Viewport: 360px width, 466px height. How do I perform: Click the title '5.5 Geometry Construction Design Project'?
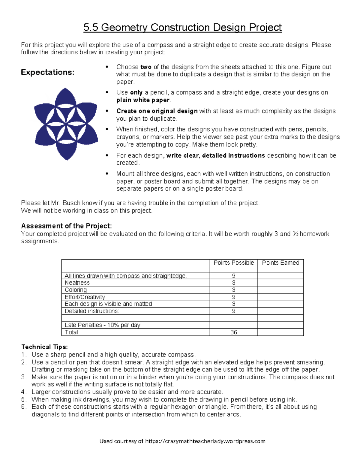182,28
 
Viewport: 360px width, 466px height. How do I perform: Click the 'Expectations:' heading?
47,72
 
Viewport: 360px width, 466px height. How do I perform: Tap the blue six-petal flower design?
66,124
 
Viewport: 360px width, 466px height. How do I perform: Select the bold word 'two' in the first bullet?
146,67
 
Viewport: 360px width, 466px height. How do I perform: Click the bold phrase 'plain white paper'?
143,100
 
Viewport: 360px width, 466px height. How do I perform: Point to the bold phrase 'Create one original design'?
157,111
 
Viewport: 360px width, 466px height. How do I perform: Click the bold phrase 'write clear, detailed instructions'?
215,155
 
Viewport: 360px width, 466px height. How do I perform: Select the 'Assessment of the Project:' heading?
66,226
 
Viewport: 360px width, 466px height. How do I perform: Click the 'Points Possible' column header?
234,263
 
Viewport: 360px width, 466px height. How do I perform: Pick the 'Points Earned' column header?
280,263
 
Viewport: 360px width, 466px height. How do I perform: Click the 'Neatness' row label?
77,283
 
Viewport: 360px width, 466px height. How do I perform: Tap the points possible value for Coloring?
234,290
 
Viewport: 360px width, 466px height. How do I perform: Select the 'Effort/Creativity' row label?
85,297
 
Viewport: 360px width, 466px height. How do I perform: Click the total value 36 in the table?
234,332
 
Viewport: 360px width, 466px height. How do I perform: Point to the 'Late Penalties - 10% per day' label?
102,325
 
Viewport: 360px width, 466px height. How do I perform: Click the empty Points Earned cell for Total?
280,332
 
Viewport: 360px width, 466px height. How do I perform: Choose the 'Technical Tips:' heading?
44,347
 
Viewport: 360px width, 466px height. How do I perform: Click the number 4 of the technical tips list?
23,392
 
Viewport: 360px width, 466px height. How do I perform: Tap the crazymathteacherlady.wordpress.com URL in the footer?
205,441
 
